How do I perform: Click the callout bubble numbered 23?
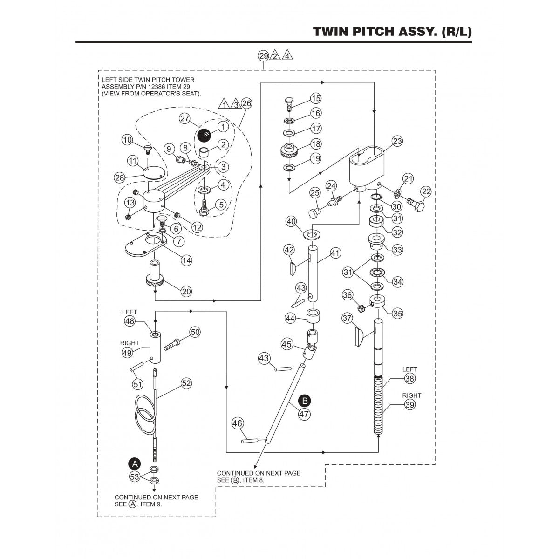(397, 141)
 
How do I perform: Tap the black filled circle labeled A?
(135, 464)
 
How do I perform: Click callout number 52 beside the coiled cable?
(186, 383)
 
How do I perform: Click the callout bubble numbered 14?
(186, 260)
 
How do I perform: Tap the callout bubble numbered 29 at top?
(263, 56)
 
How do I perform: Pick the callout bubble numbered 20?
(186, 291)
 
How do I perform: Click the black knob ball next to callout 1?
(204, 135)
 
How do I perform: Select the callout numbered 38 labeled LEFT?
(409, 379)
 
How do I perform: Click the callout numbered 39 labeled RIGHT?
(409, 405)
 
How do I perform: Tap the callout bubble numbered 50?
(195, 332)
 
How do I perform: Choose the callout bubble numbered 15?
(316, 98)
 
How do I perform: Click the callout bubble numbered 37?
(347, 318)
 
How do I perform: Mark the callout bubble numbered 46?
(237, 423)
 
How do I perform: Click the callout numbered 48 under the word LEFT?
(130, 321)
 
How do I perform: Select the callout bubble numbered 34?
(397, 281)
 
